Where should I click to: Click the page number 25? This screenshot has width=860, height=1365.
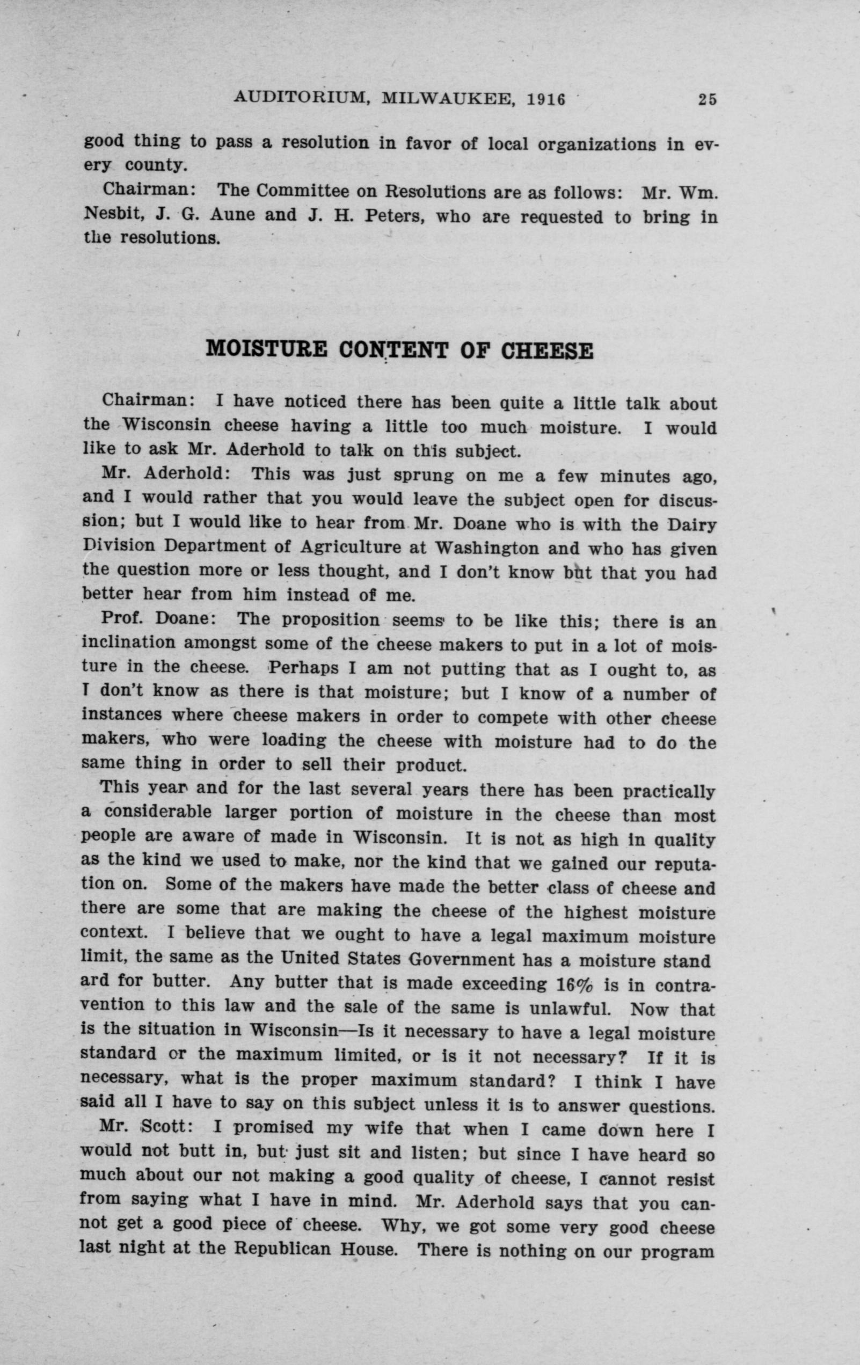[x=708, y=99]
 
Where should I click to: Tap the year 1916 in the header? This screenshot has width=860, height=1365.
[x=546, y=99]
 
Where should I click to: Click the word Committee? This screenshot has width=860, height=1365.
[x=303, y=191]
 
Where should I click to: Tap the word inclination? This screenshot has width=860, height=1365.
[x=129, y=643]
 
